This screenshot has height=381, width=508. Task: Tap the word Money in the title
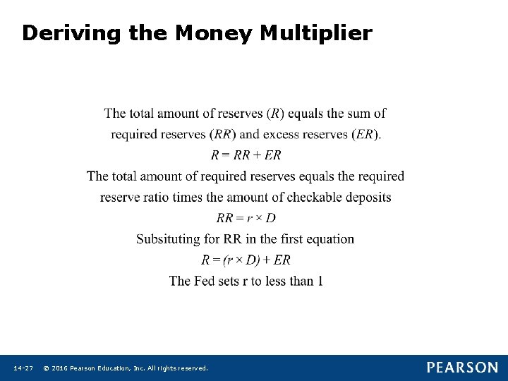(x=214, y=33)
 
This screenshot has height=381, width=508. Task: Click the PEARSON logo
(x=462, y=368)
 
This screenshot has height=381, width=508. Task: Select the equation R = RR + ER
(x=246, y=155)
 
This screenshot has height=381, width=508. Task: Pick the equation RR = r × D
(x=246, y=218)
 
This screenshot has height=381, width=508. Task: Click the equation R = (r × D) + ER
(x=246, y=260)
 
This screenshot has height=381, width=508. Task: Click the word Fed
(x=205, y=281)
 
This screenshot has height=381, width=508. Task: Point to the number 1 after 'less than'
(x=320, y=281)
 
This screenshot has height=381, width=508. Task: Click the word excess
(x=278, y=134)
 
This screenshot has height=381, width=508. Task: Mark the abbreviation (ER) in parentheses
(x=365, y=134)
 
